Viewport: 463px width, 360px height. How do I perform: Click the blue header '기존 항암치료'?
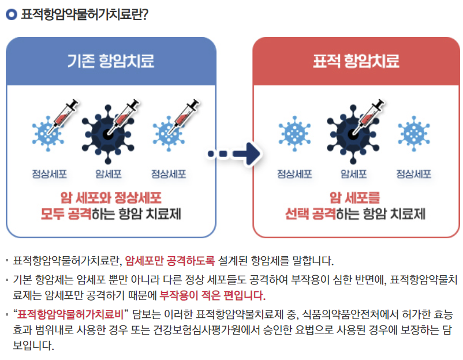click(111, 61)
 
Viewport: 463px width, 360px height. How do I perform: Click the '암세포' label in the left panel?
click(108, 174)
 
